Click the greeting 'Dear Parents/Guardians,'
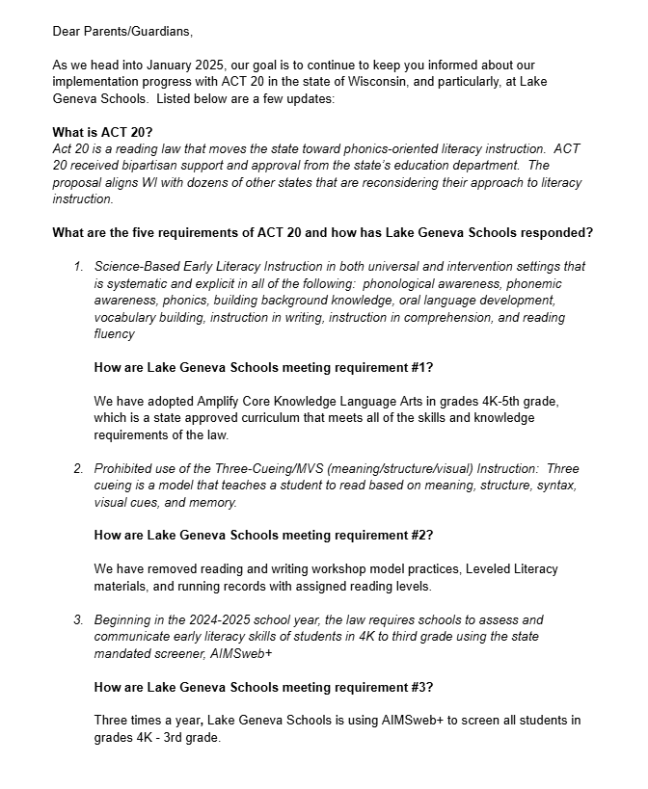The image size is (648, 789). pyautogui.click(x=122, y=31)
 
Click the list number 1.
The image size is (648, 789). pyautogui.click(x=78, y=266)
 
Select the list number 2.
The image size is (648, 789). pyautogui.click(x=78, y=469)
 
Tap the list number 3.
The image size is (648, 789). pyautogui.click(x=78, y=619)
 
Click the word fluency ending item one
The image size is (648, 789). pyautogui.click(x=115, y=333)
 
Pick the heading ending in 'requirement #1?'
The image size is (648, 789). pyautogui.click(x=263, y=367)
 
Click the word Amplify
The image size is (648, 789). pyautogui.click(x=223, y=401)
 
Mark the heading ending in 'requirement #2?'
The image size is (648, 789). pyautogui.click(x=263, y=536)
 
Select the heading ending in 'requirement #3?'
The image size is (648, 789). pyautogui.click(x=263, y=687)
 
